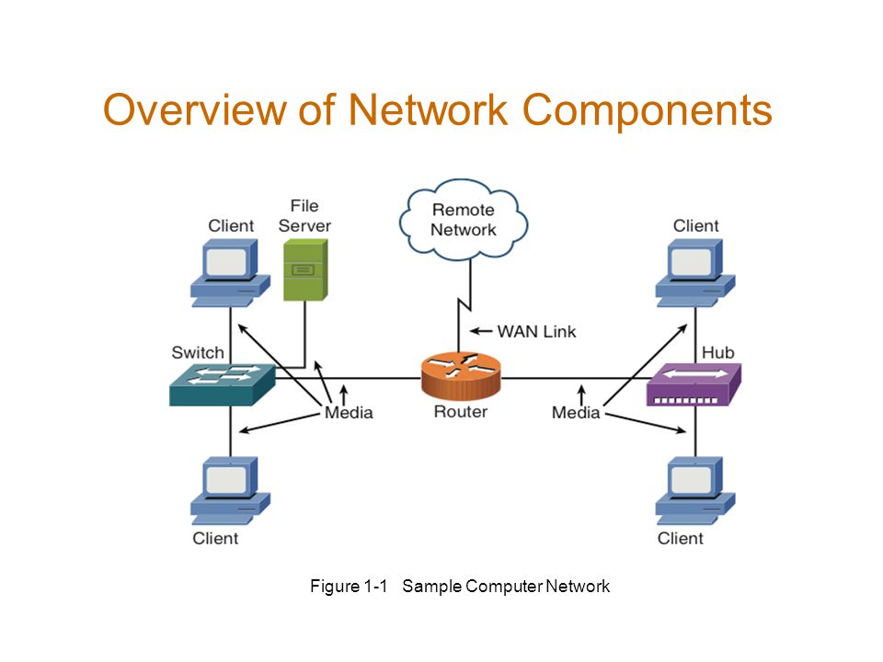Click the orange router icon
pyautogui.click(x=461, y=375)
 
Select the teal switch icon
pyautogui.click(x=223, y=385)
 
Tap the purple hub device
pyautogui.click(x=694, y=385)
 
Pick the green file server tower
pyautogui.click(x=305, y=269)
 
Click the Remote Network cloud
pyautogui.click(x=464, y=220)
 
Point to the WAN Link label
pyautogui.click(x=536, y=332)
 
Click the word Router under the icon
pyautogui.click(x=461, y=412)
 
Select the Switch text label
pyautogui.click(x=198, y=352)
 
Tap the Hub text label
pyautogui.click(x=718, y=352)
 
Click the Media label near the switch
pyautogui.click(x=349, y=413)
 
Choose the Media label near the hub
pyautogui.click(x=576, y=413)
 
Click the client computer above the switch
pyautogui.click(x=230, y=273)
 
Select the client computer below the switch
pyautogui.click(x=230, y=491)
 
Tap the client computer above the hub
pyautogui.click(x=695, y=273)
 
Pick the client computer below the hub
pyautogui.click(x=695, y=491)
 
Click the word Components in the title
pyautogui.click(x=647, y=110)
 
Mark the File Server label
pyautogui.click(x=304, y=215)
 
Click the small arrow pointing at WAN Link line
pyautogui.click(x=481, y=331)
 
